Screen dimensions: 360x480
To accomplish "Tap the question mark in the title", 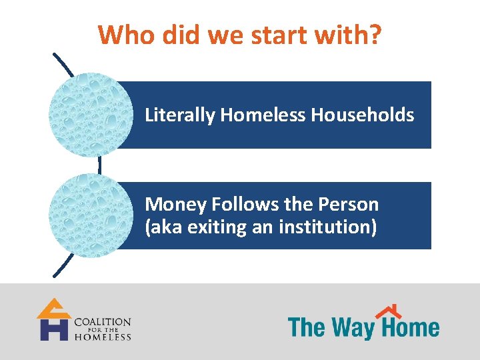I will click(375, 35).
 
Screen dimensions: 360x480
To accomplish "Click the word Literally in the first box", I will click(180, 115).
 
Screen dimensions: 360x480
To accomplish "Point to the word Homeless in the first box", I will click(263, 115).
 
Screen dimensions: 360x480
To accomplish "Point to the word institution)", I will click(327, 227).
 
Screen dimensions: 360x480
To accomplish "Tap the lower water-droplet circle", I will click(91, 215).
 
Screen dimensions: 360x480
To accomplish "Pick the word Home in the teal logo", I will click(409, 328).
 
